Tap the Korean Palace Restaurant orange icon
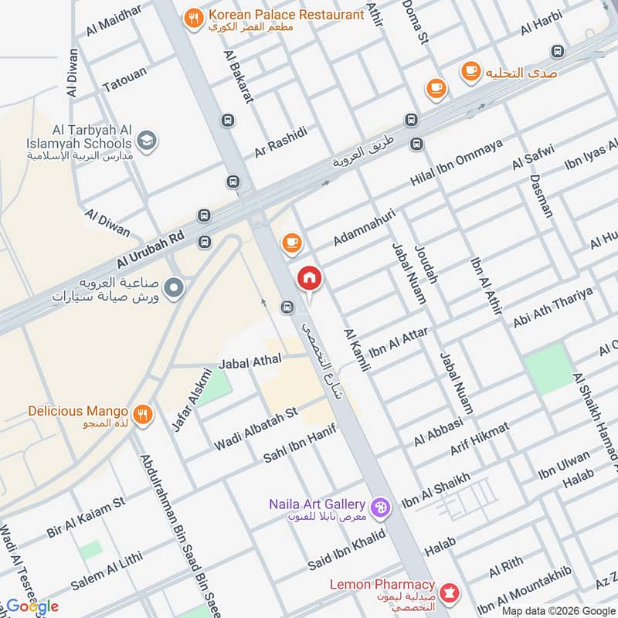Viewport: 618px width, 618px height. click(194, 16)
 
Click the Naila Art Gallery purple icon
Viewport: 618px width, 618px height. click(381, 507)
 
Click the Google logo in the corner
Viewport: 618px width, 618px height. click(32, 606)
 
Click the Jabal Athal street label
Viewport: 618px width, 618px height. click(250, 361)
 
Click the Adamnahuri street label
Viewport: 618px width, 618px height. click(364, 227)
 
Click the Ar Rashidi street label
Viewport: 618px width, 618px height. click(281, 142)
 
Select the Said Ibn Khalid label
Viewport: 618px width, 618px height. click(346, 548)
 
